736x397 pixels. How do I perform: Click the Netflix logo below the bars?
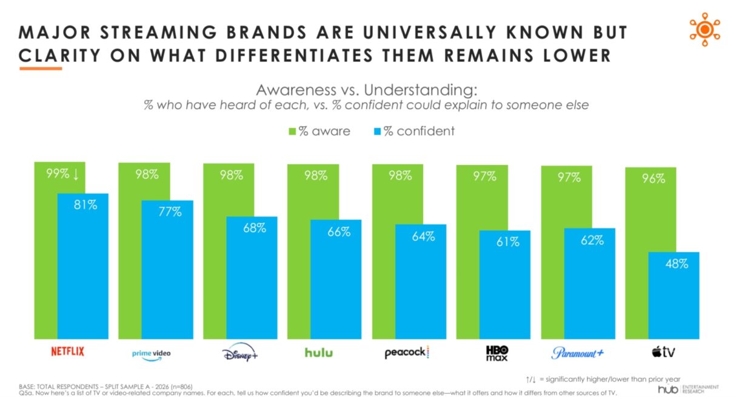(x=67, y=352)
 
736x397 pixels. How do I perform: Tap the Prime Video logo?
(x=151, y=353)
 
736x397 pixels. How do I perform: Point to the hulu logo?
(x=319, y=352)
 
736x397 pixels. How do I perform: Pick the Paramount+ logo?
(x=578, y=353)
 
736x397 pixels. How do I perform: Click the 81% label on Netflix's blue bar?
(x=84, y=205)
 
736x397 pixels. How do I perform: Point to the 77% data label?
(x=169, y=212)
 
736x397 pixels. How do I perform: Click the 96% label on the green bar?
(x=654, y=179)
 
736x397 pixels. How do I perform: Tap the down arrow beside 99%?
(x=75, y=175)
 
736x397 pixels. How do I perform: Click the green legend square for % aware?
(x=291, y=132)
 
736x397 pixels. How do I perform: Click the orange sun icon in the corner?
(x=704, y=29)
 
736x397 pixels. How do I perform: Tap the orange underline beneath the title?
(x=41, y=68)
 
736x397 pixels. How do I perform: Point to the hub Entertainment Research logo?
(x=688, y=389)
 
